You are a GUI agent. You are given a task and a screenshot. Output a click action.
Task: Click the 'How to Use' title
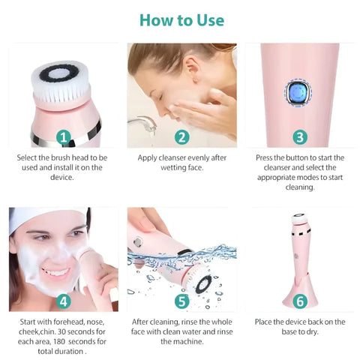pyautogui.click(x=180, y=19)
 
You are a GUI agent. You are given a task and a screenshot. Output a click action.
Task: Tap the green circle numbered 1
pyautogui.click(x=64, y=137)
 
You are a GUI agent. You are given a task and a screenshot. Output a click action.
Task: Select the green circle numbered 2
pyautogui.click(x=181, y=137)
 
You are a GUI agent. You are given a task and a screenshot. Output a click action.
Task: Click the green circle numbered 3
pyautogui.click(x=299, y=137)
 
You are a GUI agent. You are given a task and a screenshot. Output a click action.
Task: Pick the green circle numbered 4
pyautogui.click(x=64, y=301)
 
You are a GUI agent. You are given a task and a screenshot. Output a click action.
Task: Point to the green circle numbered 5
pyautogui.click(x=181, y=301)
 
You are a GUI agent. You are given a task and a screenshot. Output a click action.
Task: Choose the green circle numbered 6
pyautogui.click(x=299, y=301)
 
